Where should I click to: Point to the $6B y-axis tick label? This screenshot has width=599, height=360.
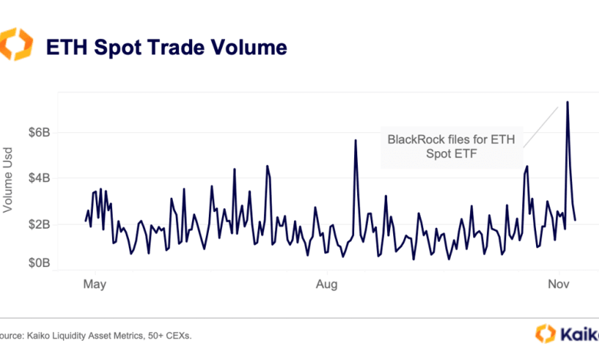pyautogui.click(x=39, y=132)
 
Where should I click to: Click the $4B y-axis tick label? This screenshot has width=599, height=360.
pyautogui.click(x=39, y=178)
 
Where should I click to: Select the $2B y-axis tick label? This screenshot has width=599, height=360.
pyautogui.click(x=39, y=224)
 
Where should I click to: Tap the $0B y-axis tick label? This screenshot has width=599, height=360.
pyautogui.click(x=39, y=263)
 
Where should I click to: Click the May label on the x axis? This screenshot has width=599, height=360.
pyautogui.click(x=94, y=284)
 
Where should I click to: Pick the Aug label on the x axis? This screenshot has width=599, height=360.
pyautogui.click(x=327, y=284)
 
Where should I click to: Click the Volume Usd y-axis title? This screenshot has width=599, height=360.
pyautogui.click(x=8, y=178)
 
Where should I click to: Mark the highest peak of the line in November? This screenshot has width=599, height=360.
pyautogui.click(x=567, y=102)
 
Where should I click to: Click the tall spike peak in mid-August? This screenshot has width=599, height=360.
pyautogui.click(x=355, y=140)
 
